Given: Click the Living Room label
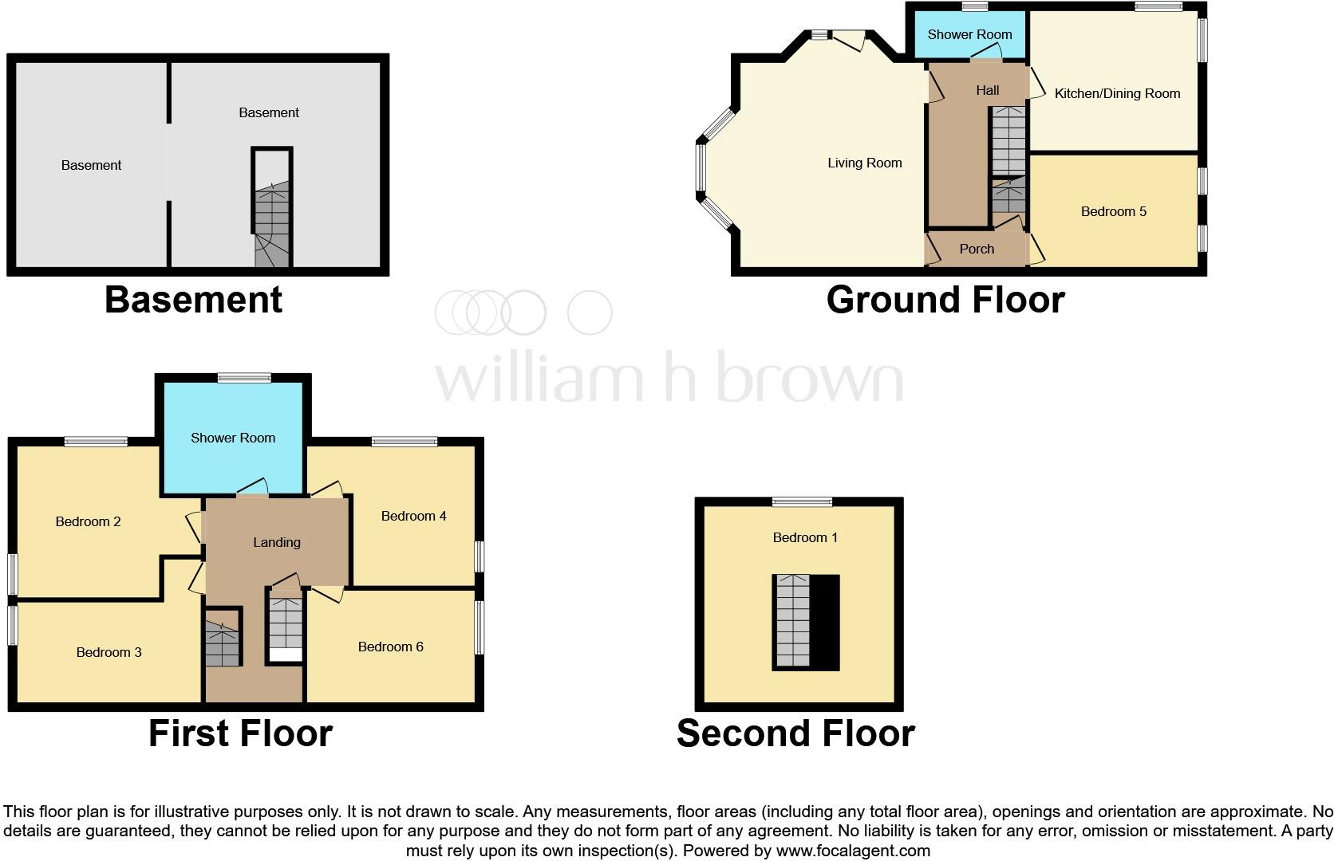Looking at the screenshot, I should (x=864, y=163).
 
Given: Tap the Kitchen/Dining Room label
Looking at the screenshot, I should (x=1117, y=93).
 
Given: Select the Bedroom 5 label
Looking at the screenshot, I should (x=1113, y=211).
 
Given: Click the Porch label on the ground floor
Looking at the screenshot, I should (x=977, y=249).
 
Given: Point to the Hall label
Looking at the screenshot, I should (x=987, y=90).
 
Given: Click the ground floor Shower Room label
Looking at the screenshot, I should (x=969, y=34).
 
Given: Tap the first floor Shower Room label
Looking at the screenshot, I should (x=233, y=438).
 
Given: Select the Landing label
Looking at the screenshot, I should (x=277, y=542).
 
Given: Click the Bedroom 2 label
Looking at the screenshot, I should (x=88, y=521).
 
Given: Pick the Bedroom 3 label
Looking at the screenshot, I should (x=109, y=652).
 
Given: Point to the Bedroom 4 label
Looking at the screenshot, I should (x=413, y=516).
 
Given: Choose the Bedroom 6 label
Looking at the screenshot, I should (x=390, y=647).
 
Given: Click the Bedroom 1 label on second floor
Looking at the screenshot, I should (x=805, y=537).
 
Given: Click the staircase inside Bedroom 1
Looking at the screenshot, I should (x=792, y=621).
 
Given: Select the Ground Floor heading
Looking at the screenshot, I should (x=945, y=300).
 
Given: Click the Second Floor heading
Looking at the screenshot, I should (x=795, y=733).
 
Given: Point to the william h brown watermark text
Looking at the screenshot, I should (x=669, y=377).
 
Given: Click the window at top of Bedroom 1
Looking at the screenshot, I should (x=802, y=502).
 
